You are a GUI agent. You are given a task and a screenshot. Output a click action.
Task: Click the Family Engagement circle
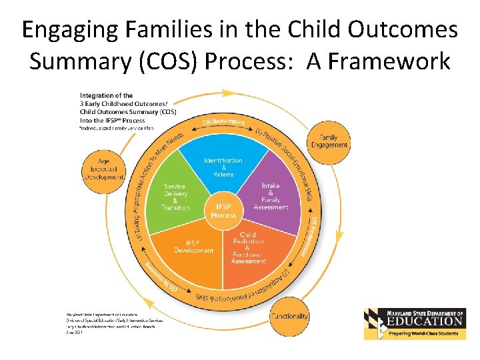click(329, 141)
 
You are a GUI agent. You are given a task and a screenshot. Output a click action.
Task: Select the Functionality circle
click(290, 316)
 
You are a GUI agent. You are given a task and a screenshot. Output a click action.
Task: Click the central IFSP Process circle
click(223, 211)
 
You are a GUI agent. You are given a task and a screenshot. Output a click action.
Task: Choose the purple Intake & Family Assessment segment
click(271, 196)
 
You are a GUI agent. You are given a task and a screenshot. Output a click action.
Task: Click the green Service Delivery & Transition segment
click(176, 197)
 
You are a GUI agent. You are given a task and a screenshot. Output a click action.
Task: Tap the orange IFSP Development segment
click(193, 246)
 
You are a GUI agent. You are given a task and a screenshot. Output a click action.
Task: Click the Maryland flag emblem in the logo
click(375, 325)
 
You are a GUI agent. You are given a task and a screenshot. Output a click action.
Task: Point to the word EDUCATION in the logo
click(426, 321)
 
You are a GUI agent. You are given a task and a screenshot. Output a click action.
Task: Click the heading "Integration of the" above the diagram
click(107, 95)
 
